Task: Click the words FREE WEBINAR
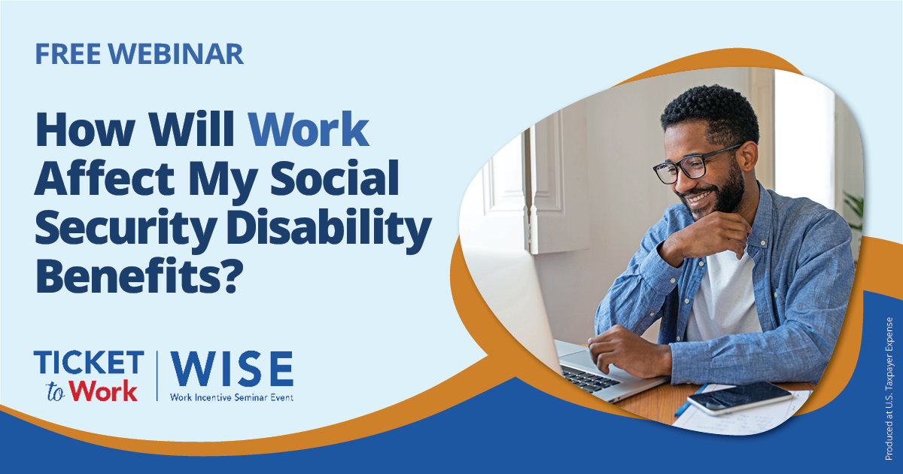point(139,54)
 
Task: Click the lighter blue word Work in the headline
point(309,129)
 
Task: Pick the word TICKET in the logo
point(89,363)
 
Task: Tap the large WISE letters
point(232,369)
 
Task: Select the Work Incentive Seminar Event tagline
point(232,397)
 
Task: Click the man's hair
point(707,113)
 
